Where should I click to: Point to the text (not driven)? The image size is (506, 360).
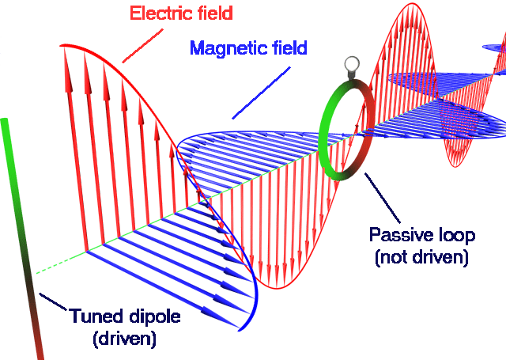coord(421,257)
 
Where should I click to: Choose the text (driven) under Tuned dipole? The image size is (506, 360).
coord(124,339)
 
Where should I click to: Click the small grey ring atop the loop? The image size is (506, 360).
coord(351,64)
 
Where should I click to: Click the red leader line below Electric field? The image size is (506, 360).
coord(142,46)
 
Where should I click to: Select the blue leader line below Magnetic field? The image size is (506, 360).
coord(261,93)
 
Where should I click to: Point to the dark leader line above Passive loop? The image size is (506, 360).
coord(383,198)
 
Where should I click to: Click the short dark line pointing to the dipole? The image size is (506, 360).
coord(53,301)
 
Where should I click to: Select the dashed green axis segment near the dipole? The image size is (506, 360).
coord(61,262)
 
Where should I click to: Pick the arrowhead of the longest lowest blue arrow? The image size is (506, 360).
coord(221,317)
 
